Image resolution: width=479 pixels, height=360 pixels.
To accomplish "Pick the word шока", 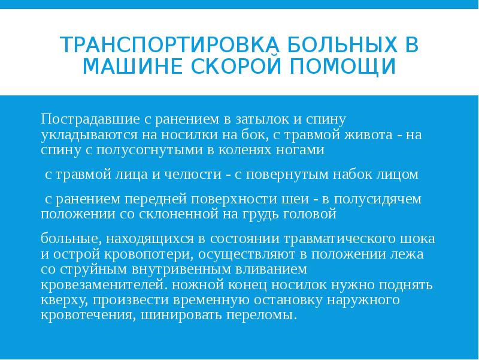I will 420,238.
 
